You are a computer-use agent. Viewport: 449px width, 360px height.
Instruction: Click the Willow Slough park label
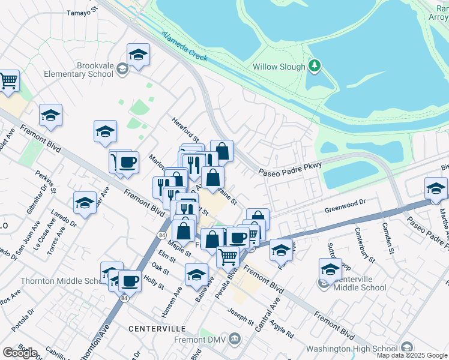point(279,67)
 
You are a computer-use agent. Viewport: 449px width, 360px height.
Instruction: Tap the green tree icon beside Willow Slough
point(314,65)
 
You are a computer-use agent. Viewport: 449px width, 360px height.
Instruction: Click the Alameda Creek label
point(184,46)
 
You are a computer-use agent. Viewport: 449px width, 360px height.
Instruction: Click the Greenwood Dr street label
point(345,209)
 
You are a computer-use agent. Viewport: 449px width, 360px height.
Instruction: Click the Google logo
point(20,353)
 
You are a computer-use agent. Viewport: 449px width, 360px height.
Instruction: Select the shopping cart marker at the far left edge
point(8,80)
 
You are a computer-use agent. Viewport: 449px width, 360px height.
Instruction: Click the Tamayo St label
point(82,13)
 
